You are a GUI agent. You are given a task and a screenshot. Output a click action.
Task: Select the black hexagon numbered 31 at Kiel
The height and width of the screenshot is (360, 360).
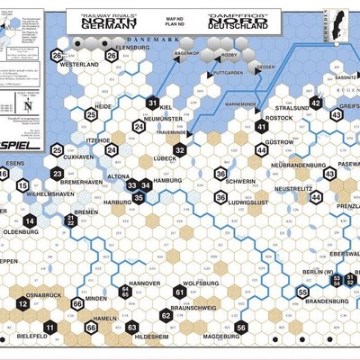click(153, 103)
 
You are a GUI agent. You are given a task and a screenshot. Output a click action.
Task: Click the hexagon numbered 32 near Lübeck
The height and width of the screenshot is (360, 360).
click(180, 149)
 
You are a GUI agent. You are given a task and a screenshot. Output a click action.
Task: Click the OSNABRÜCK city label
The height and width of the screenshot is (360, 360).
click(43, 294)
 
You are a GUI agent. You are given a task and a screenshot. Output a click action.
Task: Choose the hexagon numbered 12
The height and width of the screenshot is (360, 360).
click(22, 304)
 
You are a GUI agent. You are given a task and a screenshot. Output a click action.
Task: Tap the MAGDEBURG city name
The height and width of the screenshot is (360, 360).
click(220, 336)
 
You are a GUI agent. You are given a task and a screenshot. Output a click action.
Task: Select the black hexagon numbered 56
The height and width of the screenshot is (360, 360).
click(241, 328)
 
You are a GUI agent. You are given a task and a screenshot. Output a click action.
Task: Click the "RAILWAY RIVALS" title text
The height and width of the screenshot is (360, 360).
click(106, 15)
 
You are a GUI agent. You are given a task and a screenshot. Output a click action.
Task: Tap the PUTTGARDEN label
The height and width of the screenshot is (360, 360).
click(230, 71)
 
